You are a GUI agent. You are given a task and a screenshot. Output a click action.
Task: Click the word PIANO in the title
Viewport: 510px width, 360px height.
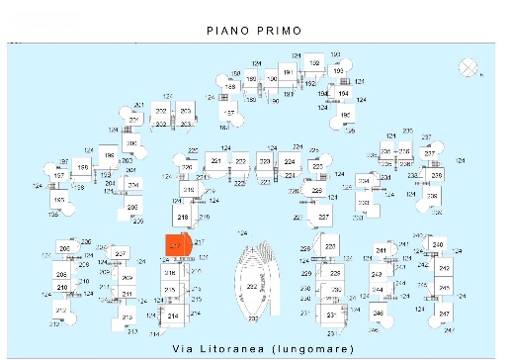point(228,31)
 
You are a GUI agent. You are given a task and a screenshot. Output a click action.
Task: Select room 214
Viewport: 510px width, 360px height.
point(173,315)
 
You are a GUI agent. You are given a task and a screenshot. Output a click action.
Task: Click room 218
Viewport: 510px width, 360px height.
point(183,216)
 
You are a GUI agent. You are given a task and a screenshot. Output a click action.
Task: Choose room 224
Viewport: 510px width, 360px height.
point(290,161)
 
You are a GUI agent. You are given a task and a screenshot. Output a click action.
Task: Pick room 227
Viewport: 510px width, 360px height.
point(323,216)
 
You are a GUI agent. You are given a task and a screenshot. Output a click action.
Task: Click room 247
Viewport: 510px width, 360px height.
point(445,314)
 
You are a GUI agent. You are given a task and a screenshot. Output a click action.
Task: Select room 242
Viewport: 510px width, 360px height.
point(445,268)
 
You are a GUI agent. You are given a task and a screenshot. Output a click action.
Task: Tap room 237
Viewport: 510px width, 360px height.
point(430,154)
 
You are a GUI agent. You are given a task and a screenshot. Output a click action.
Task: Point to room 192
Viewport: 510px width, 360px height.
point(315,64)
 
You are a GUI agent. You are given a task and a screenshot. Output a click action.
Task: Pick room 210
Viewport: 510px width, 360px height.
point(62,288)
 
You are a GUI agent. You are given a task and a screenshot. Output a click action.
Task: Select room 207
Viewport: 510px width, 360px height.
point(121,255)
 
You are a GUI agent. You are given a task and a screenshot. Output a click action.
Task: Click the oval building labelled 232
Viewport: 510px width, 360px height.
point(252,286)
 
